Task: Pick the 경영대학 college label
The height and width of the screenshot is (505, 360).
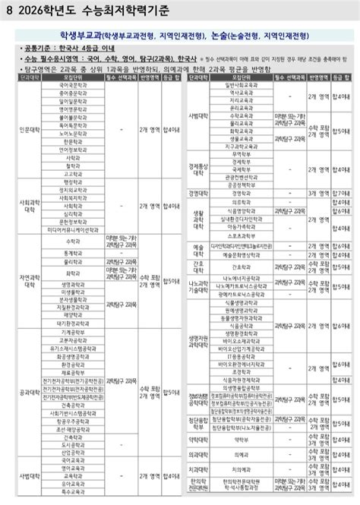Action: pyautogui.click(x=198, y=192)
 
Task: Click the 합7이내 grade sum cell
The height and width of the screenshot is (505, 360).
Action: pyautogui.click(x=343, y=192)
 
